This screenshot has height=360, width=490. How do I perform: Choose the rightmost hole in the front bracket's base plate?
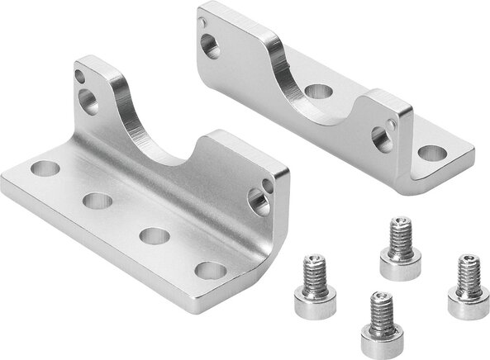[x=212, y=270]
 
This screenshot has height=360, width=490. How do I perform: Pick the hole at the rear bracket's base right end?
[x=431, y=154]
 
